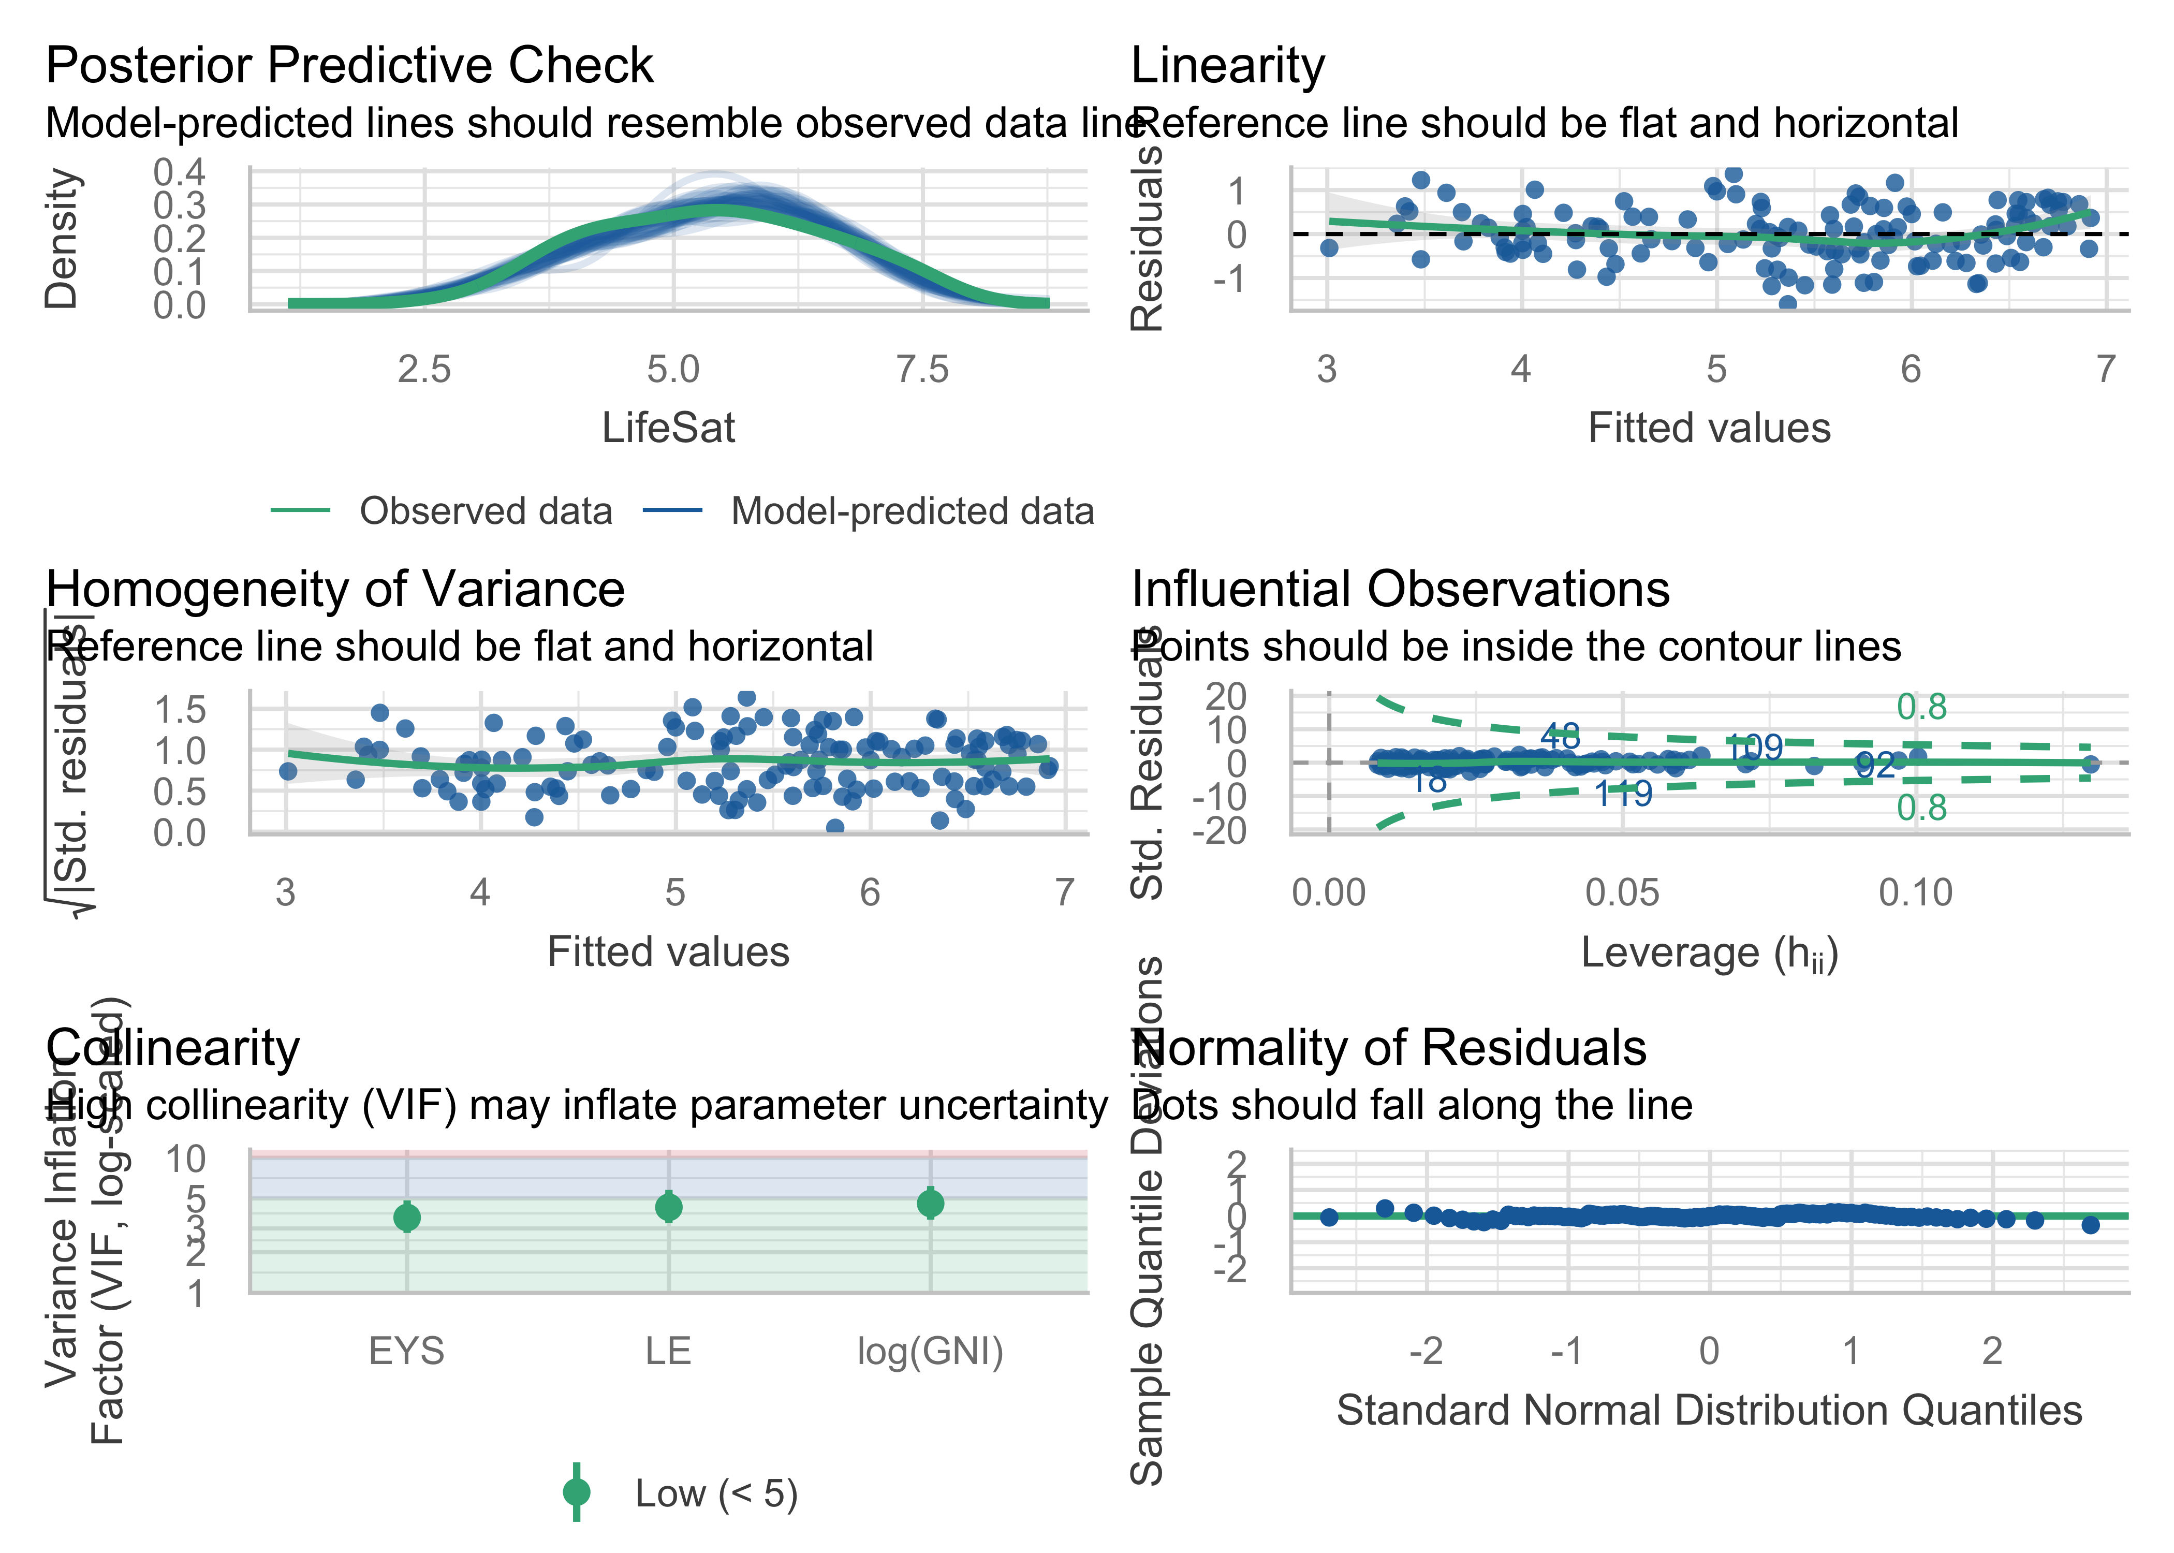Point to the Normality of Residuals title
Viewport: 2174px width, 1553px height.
coord(1389,1048)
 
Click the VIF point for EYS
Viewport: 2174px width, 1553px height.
coord(407,1218)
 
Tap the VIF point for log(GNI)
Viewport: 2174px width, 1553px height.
coord(930,1203)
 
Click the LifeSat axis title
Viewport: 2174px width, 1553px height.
coord(668,429)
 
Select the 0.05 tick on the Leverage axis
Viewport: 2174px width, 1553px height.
coord(1622,893)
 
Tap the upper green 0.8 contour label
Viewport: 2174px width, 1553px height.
coord(1921,708)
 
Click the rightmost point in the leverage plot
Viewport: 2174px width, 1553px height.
coord(2091,763)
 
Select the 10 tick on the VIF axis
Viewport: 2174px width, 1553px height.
coord(186,1159)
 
